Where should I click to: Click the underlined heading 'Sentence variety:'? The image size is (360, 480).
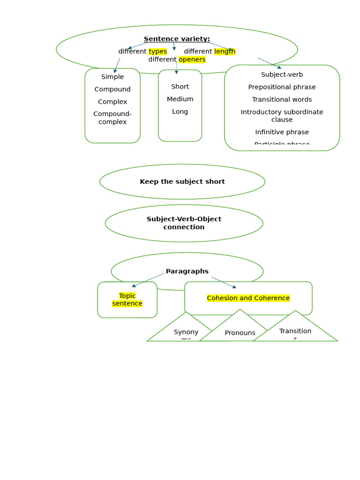pyautogui.click(x=177, y=39)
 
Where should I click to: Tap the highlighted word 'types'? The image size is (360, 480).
pyautogui.click(x=157, y=52)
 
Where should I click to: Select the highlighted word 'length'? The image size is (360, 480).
pyautogui.click(x=225, y=52)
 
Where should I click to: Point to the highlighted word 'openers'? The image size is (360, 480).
pyautogui.click(x=192, y=60)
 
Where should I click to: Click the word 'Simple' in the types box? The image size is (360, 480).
pyautogui.click(x=112, y=77)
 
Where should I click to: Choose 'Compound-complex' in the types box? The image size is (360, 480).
pyautogui.click(x=112, y=118)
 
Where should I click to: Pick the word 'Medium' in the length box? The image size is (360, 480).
pyautogui.click(x=180, y=99)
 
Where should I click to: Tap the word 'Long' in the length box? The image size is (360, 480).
pyautogui.click(x=180, y=112)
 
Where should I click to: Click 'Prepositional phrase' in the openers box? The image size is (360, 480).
pyautogui.click(x=282, y=87)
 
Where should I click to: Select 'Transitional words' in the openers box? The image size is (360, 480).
pyautogui.click(x=282, y=99)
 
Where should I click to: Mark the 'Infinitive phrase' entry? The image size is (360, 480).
pyautogui.click(x=282, y=132)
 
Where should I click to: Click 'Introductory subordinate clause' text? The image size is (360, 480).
pyautogui.click(x=282, y=116)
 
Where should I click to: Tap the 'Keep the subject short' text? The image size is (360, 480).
pyautogui.click(x=182, y=181)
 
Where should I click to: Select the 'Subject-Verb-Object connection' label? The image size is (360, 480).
pyautogui.click(x=184, y=223)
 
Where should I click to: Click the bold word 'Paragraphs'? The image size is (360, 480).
pyautogui.click(x=187, y=271)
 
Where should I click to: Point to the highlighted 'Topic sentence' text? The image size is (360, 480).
pyautogui.click(x=127, y=300)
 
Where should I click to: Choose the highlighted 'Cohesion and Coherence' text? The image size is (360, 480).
pyautogui.click(x=248, y=298)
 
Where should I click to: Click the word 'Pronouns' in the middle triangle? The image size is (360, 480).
pyautogui.click(x=240, y=333)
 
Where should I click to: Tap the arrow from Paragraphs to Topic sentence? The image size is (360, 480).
pyautogui.click(x=148, y=280)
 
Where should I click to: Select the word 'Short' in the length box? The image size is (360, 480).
pyautogui.click(x=180, y=87)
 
